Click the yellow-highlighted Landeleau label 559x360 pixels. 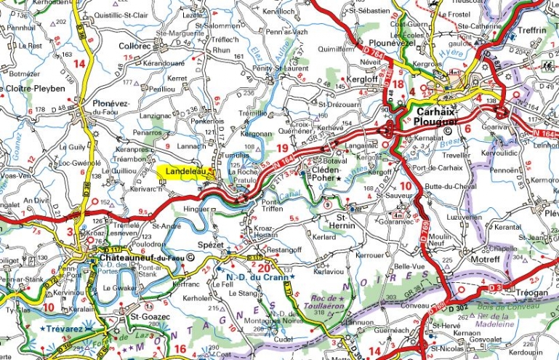pos(182,172)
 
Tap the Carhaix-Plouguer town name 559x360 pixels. pos(443,116)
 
